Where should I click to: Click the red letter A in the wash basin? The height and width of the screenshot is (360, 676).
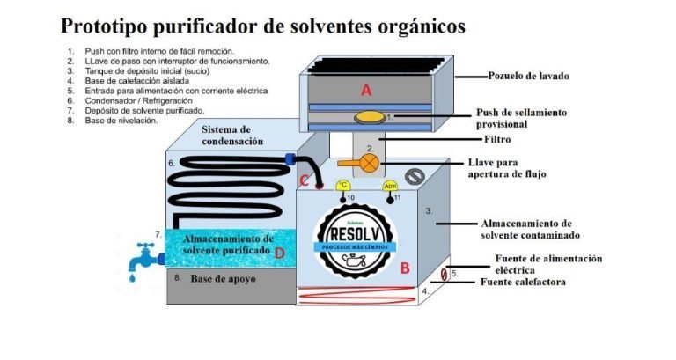tap(367, 90)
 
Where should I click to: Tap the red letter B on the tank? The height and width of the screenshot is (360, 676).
tap(405, 268)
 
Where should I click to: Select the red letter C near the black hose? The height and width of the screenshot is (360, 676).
tap(305, 180)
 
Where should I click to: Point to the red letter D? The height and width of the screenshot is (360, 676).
tap(279, 253)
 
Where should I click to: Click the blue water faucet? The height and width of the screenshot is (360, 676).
tap(138, 259)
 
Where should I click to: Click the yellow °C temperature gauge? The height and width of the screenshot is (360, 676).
tap(344, 186)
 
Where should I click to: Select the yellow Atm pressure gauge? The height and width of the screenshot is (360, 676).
tap(390, 186)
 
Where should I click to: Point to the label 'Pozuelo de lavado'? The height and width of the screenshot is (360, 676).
tap(528, 77)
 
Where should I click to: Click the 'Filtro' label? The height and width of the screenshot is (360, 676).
tap(497, 139)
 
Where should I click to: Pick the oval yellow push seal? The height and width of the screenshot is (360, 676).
tap(368, 117)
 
